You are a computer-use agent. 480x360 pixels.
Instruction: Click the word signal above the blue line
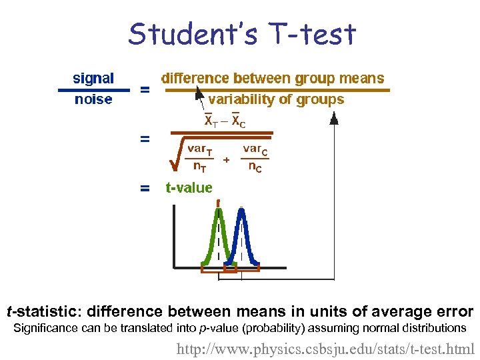point(93,78)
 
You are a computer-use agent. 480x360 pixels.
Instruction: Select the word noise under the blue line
point(93,99)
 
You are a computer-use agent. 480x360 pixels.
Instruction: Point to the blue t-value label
point(189,188)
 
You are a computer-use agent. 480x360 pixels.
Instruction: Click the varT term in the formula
point(199,149)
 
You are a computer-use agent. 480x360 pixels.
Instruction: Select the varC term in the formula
point(255,149)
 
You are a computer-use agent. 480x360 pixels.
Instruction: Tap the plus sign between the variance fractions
point(227,160)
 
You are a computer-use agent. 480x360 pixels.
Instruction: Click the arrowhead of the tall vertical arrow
point(333,118)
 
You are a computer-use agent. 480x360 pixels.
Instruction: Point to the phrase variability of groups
point(276,99)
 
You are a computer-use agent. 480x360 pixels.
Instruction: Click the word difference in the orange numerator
point(198,78)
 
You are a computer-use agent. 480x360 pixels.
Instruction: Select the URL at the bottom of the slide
point(325,348)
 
